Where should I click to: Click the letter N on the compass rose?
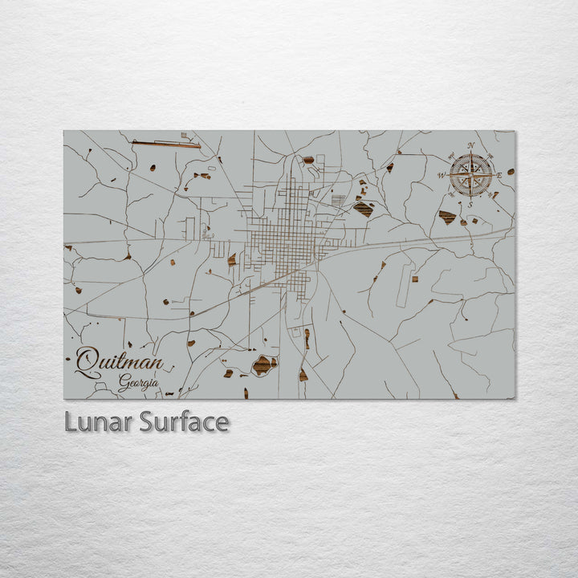click(471, 145)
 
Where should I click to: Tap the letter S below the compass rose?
click(471, 203)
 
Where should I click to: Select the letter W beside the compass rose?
click(442, 174)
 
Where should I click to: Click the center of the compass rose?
click(471, 174)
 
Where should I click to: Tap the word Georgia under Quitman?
click(138, 384)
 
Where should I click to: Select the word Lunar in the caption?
click(98, 421)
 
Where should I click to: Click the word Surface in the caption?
click(184, 421)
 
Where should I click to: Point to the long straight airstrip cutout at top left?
click(166, 144)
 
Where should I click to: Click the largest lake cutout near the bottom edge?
click(263, 365)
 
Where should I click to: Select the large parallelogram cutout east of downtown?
click(363, 210)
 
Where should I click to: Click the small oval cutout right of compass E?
click(510, 172)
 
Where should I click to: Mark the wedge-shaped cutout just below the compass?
click(447, 218)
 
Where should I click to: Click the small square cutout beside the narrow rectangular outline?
click(415, 279)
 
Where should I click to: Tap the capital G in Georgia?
click(123, 384)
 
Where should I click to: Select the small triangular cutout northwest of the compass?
click(390, 168)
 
